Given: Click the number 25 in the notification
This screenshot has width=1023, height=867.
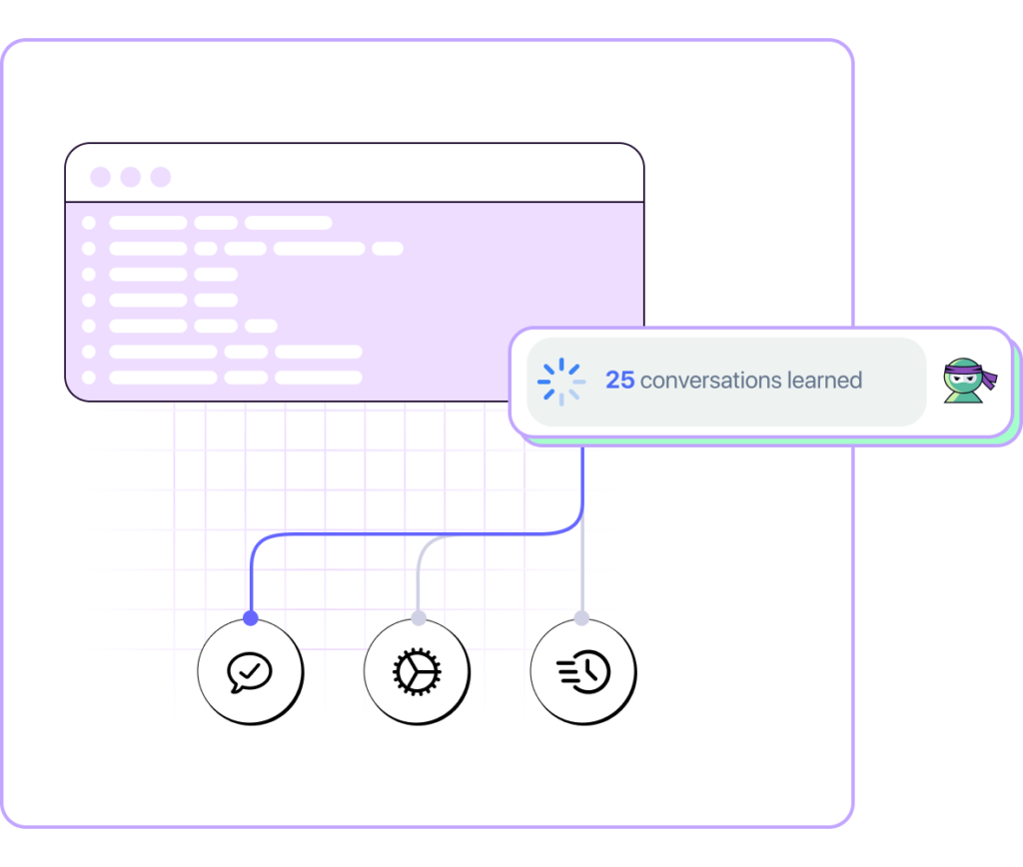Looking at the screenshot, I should point(619,381).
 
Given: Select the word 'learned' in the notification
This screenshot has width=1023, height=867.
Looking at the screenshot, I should point(824,381).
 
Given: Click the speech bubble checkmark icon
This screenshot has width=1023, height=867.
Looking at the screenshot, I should point(250,671).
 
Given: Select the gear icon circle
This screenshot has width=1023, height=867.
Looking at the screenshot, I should point(416,671).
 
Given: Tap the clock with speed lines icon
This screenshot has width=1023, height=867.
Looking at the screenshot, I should point(582,671).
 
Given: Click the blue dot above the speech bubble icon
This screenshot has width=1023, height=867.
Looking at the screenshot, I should point(250,618).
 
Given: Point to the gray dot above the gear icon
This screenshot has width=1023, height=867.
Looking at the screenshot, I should point(418,618).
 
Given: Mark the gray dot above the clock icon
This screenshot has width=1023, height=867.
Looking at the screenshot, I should point(582,618).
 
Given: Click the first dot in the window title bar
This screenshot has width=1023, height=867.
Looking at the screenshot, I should point(100,177).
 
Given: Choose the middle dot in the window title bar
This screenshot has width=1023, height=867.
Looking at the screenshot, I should point(130,177).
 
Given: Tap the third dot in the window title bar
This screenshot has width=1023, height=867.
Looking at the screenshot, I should point(161,177).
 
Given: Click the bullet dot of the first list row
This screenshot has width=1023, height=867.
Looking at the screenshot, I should point(89,223).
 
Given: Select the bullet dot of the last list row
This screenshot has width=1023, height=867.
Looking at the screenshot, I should point(89,378).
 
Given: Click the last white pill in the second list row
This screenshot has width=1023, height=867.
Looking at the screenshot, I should point(387,249).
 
